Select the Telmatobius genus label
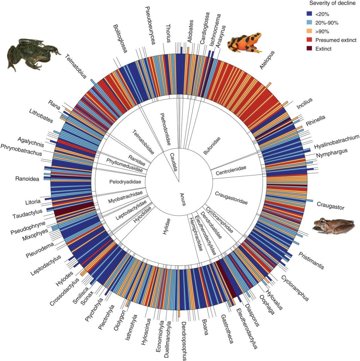pos(77,67)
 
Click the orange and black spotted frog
pos(245,41)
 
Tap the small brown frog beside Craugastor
pos(334,226)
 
